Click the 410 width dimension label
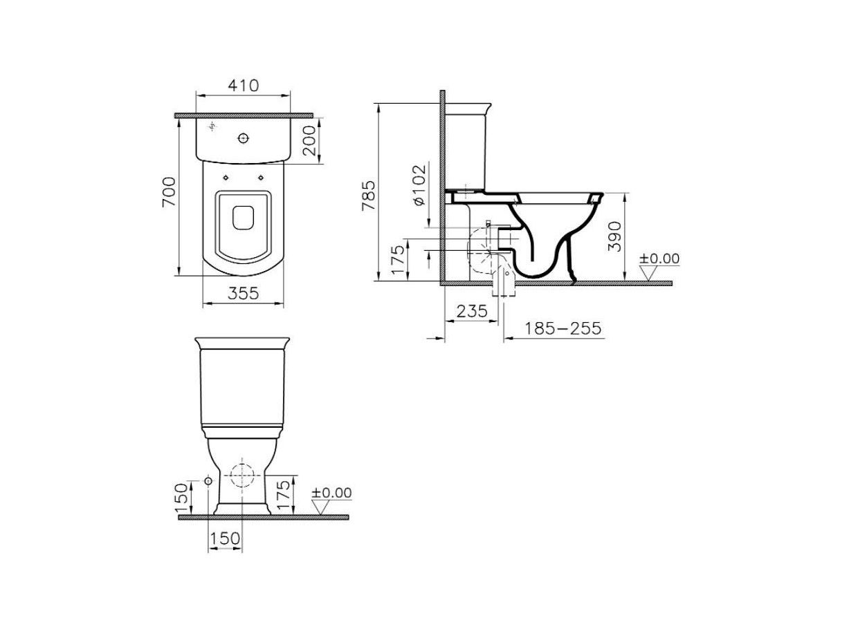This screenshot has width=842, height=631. pos(244,86)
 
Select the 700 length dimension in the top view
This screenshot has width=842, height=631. pos(169,192)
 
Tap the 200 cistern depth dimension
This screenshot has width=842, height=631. pos(309,140)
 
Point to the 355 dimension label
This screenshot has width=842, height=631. pos(244,294)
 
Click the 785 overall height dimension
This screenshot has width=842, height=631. pos(369,196)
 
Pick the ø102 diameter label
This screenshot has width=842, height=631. pos(420,185)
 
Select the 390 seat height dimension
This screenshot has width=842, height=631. pos(614,236)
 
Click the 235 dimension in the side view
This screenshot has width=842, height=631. pos(473,311)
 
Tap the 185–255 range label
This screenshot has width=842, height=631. pos(562,328)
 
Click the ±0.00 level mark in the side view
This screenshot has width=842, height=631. pos(659,258)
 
